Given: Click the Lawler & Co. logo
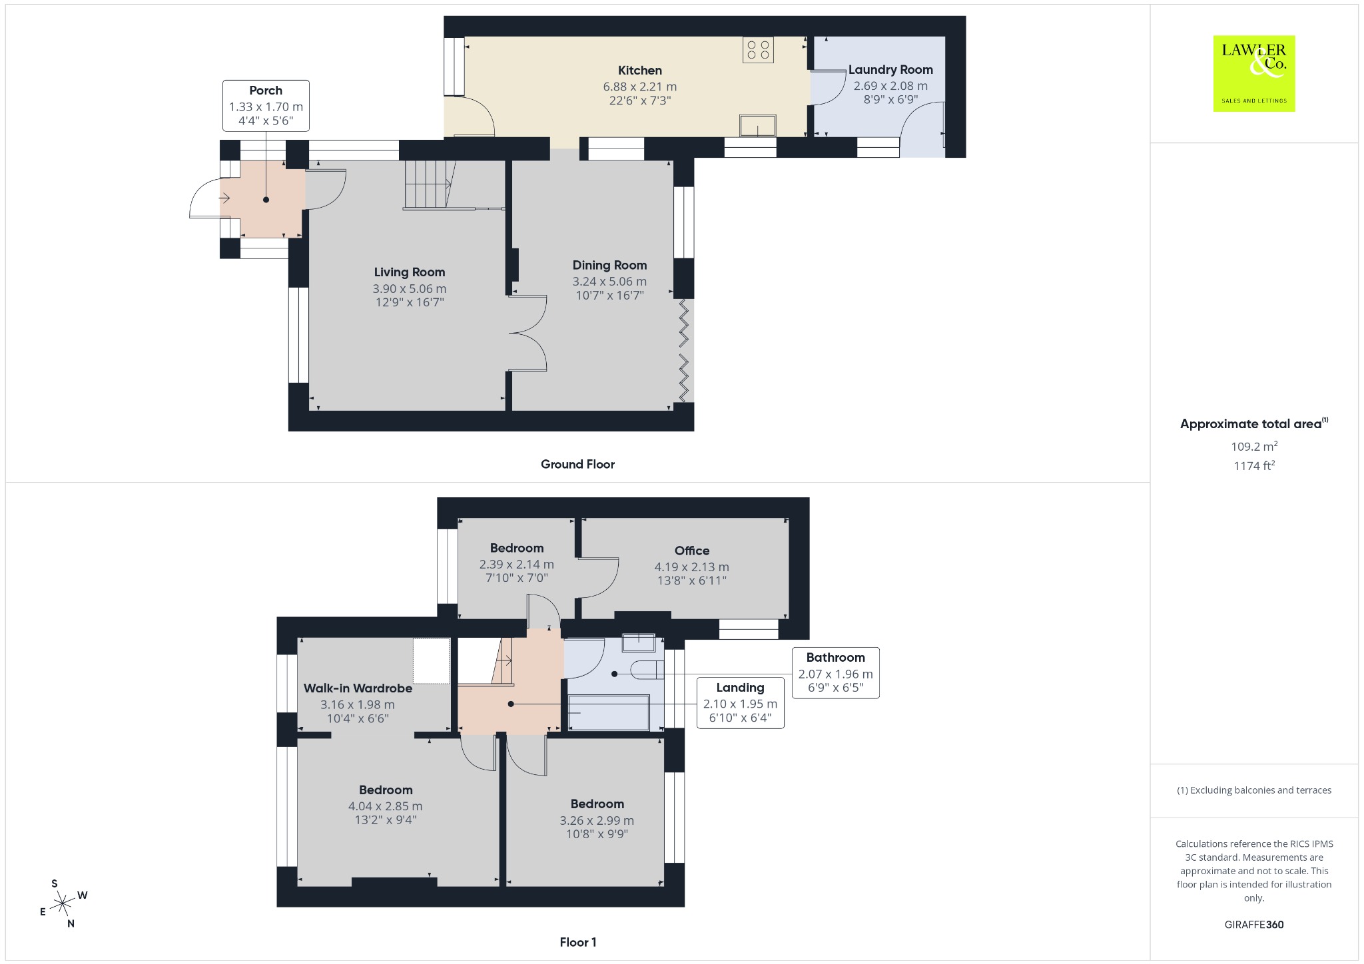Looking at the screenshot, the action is pyautogui.click(x=1254, y=73).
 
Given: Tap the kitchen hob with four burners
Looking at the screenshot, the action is pyautogui.click(x=759, y=49).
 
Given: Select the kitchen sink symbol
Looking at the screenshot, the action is pyautogui.click(x=758, y=125).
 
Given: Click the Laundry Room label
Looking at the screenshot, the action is pyautogui.click(x=890, y=70).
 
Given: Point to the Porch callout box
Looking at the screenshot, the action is pyautogui.click(x=266, y=105).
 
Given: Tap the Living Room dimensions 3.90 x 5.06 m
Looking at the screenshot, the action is pyautogui.click(x=410, y=289).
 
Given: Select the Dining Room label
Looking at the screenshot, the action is pyautogui.click(x=609, y=265).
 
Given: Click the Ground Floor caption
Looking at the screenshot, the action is pyautogui.click(x=577, y=464).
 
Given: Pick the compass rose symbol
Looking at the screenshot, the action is pyautogui.click(x=63, y=903).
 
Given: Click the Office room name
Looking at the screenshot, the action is pyautogui.click(x=692, y=551).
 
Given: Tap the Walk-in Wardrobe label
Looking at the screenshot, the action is pyautogui.click(x=358, y=688).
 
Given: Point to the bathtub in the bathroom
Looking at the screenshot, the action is pyautogui.click(x=609, y=712).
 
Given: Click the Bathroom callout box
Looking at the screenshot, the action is pyautogui.click(x=835, y=672).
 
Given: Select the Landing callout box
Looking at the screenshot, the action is pyautogui.click(x=740, y=702).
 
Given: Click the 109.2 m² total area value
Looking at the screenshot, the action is pyautogui.click(x=1254, y=446).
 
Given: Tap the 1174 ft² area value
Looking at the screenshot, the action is pyautogui.click(x=1254, y=465).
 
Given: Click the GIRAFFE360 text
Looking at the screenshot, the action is pyautogui.click(x=1254, y=925).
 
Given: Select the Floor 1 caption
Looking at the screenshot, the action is pyautogui.click(x=578, y=942).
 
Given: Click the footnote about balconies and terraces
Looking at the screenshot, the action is pyautogui.click(x=1254, y=790).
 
